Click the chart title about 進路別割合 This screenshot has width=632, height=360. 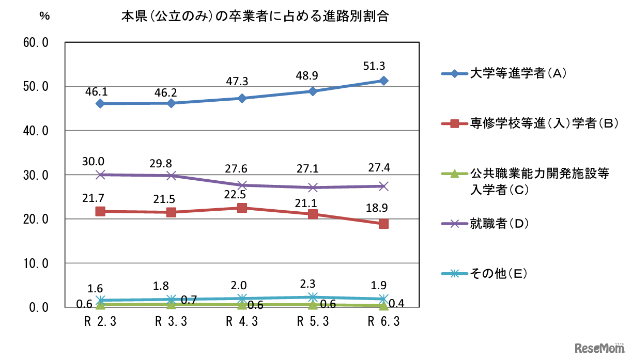coord(255,16)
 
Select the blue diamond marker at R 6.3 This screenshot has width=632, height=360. coord(383,81)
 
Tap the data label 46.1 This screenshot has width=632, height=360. coord(100,91)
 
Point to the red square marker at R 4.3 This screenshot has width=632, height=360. coord(242,208)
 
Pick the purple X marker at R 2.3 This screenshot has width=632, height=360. coord(100,175)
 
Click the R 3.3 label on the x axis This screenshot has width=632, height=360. coord(171,322)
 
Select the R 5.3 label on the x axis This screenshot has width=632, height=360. coord(313,322)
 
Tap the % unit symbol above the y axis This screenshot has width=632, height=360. coord(44,15)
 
